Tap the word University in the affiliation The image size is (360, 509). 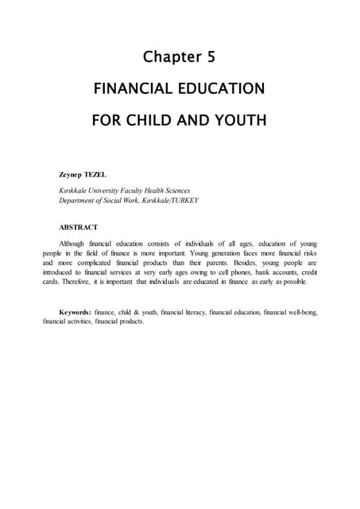click(109, 191)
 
